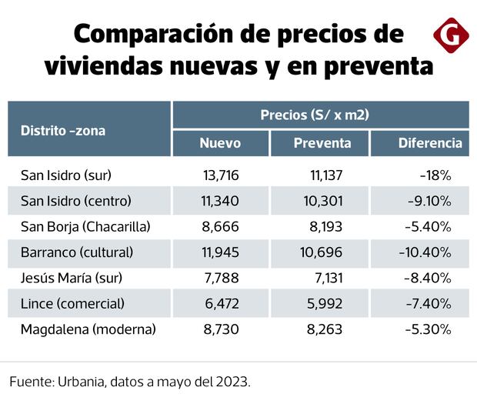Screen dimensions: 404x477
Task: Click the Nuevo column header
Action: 220,143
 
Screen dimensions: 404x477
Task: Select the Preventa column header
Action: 322,143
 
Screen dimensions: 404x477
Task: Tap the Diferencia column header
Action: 430,143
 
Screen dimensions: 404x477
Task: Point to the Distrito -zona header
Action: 63,130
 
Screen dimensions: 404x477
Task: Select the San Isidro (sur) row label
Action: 72,175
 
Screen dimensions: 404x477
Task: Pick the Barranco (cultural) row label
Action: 77,252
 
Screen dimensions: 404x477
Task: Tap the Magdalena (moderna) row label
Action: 88,329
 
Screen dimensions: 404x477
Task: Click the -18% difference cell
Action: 435,175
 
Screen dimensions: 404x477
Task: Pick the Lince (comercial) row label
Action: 72,303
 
